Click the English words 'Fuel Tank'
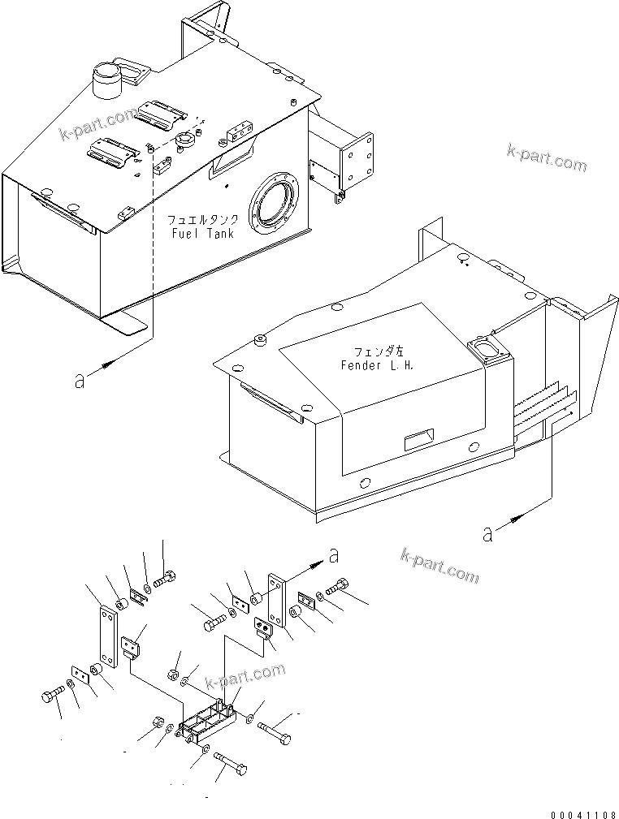coord(202,234)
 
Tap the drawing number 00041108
coord(582,813)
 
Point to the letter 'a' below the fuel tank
coord(79,380)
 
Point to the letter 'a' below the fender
coord(487,533)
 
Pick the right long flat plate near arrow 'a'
coord(275,602)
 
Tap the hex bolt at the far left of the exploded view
coord(50,696)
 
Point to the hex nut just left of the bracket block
coord(158,722)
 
